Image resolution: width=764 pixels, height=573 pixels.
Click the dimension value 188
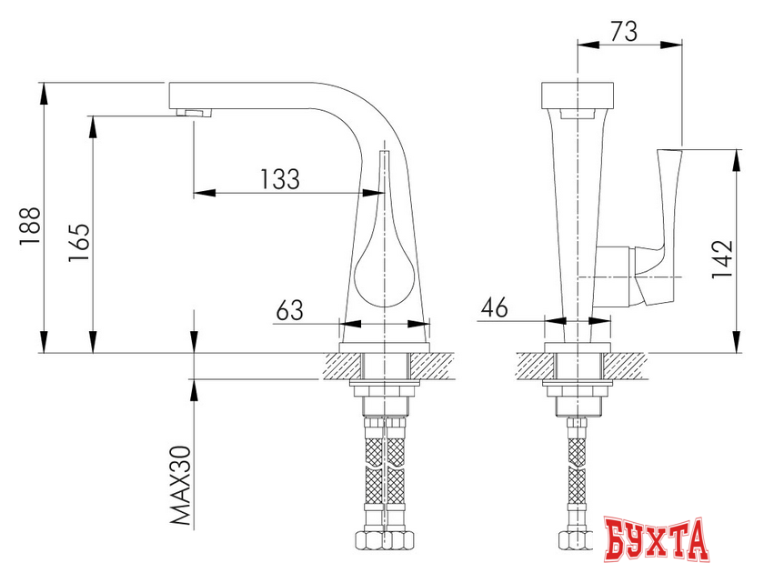point(29,224)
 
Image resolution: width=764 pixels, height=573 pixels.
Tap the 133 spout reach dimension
point(279,179)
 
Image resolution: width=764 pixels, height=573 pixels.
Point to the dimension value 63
point(288,309)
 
